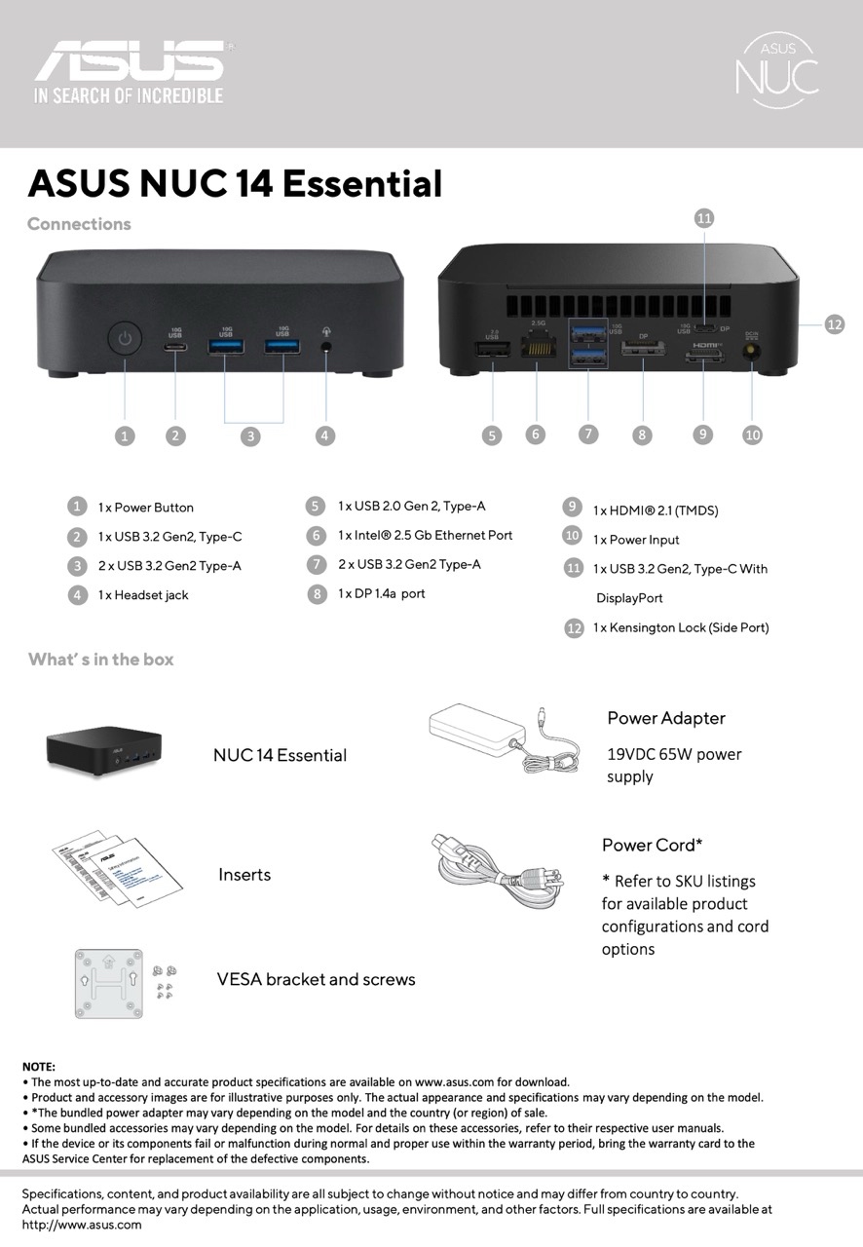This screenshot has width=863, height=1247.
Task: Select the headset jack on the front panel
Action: (325, 346)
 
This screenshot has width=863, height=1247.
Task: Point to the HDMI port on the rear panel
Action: (703, 358)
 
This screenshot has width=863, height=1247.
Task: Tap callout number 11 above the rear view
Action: (704, 218)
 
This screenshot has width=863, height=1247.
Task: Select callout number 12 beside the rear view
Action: (834, 324)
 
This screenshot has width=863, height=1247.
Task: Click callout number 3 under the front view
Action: (251, 435)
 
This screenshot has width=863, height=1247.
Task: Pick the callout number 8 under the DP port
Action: (641, 435)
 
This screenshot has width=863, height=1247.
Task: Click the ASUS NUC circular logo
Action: (776, 68)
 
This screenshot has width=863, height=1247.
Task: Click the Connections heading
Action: (79, 224)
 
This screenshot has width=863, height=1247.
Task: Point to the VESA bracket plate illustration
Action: (108, 980)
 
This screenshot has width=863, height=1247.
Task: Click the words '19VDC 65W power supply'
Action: (673, 765)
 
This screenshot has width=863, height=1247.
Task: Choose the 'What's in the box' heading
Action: (101, 660)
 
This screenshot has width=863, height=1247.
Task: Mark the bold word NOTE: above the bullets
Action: (39, 1067)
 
